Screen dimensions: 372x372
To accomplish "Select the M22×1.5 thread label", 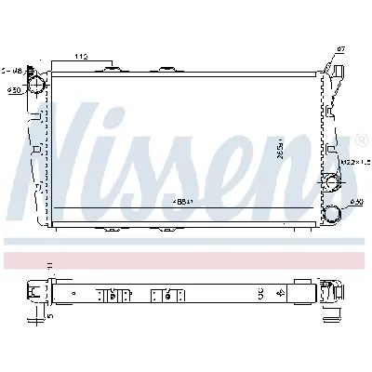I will coord(352,164).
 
